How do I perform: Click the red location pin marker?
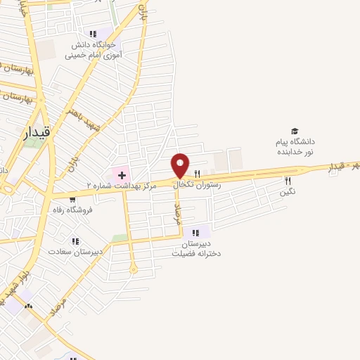tap(180, 166)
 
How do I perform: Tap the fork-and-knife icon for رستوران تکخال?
tap(198, 174)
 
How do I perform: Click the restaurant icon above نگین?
tap(288, 181)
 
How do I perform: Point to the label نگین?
tap(288, 191)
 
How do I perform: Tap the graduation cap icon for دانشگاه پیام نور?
tap(295, 131)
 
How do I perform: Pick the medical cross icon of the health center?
tap(121, 174)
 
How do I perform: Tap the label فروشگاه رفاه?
tap(72, 210)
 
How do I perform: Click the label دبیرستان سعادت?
tap(75, 251)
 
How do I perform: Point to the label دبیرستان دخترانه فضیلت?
tap(196, 248)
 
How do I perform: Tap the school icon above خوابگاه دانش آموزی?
tap(93, 33)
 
